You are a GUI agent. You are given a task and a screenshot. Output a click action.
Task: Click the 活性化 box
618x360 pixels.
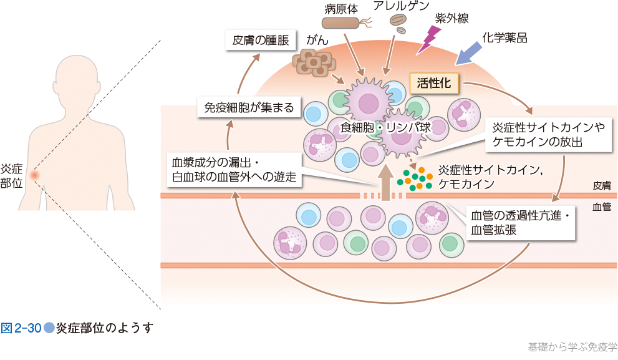point(433,82)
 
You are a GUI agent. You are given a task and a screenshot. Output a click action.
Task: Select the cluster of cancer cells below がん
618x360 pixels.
point(314,62)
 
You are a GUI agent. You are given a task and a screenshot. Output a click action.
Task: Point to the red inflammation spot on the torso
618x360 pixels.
point(34,175)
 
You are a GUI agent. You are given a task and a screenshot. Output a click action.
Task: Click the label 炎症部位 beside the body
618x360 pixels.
point(11,176)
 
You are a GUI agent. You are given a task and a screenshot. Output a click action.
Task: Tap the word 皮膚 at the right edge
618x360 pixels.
point(602,185)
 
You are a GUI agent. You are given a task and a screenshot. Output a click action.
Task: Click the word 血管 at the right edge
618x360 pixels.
point(602,206)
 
